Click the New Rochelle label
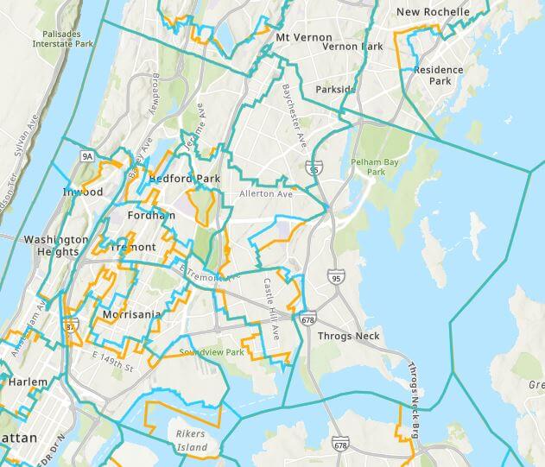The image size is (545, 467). coord(433,12)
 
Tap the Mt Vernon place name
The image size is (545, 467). coord(296,38)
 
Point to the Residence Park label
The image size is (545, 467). coord(438,75)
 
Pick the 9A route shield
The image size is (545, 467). coord(87,156)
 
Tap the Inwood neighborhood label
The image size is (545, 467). coord(83,192)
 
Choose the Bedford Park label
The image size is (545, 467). coord(184,179)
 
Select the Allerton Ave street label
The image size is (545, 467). coord(266,194)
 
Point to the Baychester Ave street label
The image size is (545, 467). coord(292,115)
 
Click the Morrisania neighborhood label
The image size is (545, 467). coord(131,315)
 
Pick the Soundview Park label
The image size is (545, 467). coord(213,352)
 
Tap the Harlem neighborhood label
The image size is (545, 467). coord(22,381)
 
